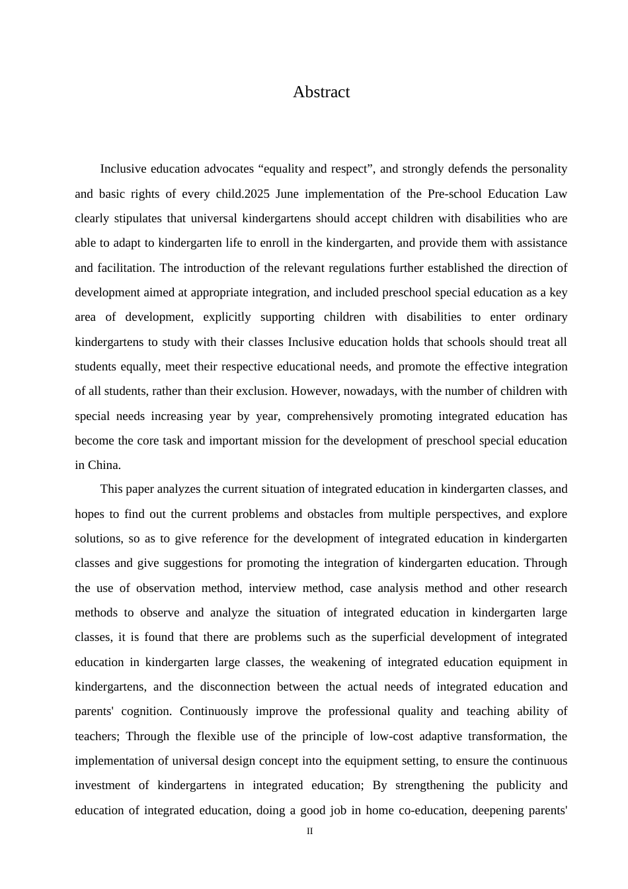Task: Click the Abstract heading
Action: [x=321, y=92]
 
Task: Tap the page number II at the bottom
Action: [x=309, y=831]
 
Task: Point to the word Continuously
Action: [x=214, y=711]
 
